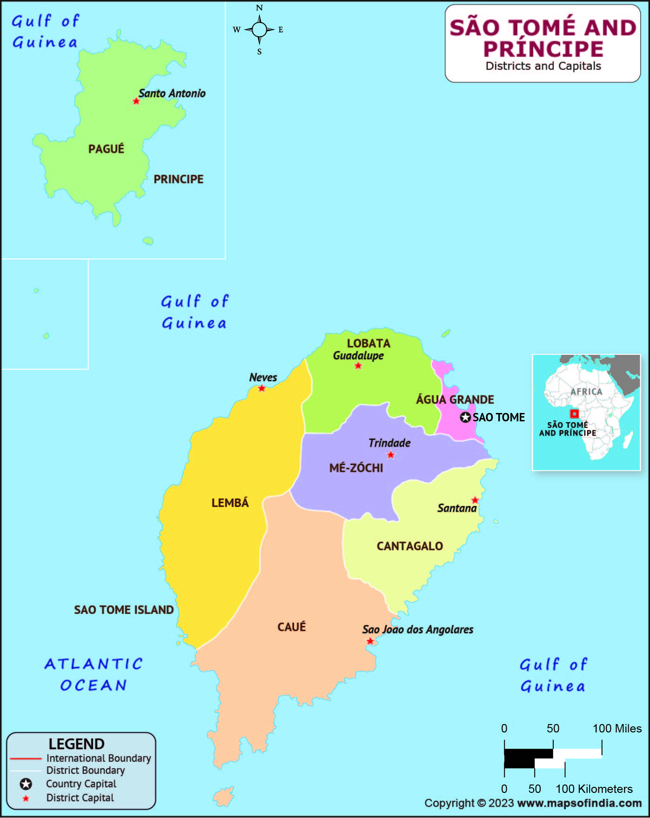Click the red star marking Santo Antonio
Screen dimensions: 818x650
coord(136,101)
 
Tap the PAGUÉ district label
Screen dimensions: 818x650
coord(106,149)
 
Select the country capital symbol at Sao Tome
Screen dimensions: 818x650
coord(465,418)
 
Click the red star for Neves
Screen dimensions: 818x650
coord(261,388)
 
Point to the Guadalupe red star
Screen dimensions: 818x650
coord(358,366)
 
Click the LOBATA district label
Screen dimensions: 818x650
coord(369,343)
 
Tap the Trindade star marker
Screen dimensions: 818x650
coord(391,455)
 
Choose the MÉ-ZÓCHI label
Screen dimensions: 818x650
coord(356,468)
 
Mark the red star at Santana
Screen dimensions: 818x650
coord(475,500)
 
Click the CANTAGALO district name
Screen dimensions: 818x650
coord(409,546)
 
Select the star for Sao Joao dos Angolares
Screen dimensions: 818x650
coord(370,641)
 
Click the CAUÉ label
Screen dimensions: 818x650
coord(292,627)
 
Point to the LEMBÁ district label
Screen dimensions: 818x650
coord(230,503)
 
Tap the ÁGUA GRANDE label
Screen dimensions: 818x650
coord(455,399)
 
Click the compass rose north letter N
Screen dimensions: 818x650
coord(259,8)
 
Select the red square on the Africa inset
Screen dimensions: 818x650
coord(575,413)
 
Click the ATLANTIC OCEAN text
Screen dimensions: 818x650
coord(94,674)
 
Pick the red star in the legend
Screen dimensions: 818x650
coord(26,798)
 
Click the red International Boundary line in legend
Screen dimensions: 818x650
coord(26,758)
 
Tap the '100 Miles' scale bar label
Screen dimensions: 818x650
coord(616,729)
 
